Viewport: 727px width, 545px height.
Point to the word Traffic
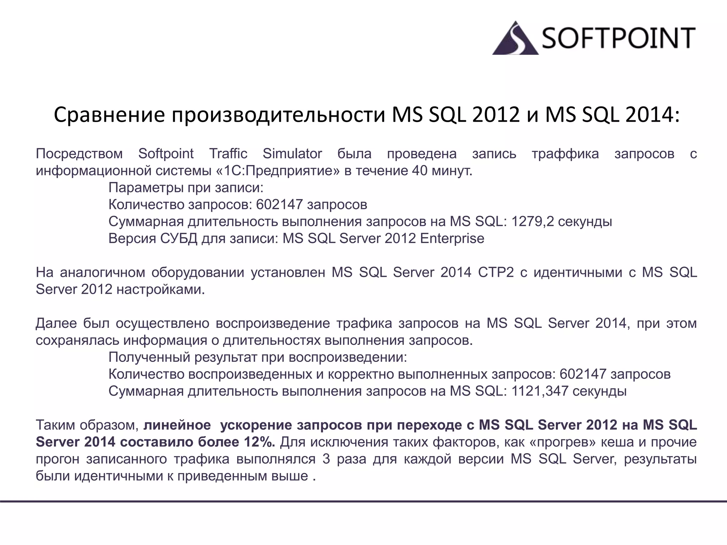(228, 154)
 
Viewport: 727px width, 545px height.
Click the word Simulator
(292, 154)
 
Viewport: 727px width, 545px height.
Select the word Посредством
(79, 154)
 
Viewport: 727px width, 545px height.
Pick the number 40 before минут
(420, 171)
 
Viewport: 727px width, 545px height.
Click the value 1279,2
(532, 222)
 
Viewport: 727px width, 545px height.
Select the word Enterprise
(452, 238)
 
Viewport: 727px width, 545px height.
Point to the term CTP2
(496, 272)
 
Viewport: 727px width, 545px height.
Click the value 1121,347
(540, 391)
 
